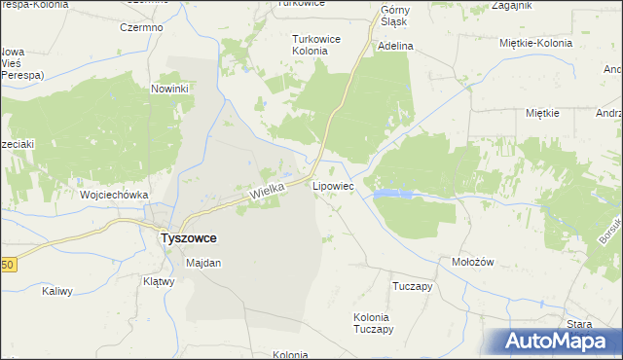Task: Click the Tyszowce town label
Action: [188, 237]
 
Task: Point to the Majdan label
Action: [203, 263]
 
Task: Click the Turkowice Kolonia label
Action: [316, 45]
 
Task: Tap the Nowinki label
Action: [169, 89]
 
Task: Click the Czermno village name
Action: [141, 27]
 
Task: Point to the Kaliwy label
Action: [57, 291]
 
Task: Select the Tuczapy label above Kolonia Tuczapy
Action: [411, 287]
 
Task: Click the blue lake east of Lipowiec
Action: [392, 194]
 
